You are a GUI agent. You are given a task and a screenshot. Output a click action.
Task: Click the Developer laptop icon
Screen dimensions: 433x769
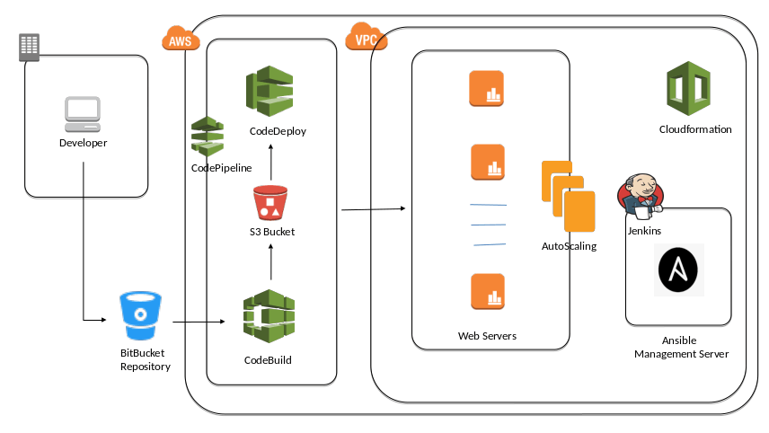tap(83, 114)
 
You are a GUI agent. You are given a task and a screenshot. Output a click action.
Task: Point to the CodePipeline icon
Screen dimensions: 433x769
tap(207, 136)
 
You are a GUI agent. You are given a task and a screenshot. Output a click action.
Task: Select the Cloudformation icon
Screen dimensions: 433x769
tap(689, 88)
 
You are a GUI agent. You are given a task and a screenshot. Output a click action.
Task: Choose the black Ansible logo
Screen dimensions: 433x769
tap(680, 270)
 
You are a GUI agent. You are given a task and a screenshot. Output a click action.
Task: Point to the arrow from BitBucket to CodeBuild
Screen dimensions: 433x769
tap(199, 321)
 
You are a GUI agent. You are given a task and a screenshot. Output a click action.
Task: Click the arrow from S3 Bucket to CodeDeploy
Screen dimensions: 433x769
tap(270, 161)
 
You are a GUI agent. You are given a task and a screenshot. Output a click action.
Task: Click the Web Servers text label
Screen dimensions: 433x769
tap(487, 336)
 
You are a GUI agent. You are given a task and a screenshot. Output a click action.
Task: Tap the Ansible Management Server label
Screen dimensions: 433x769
tap(680, 348)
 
